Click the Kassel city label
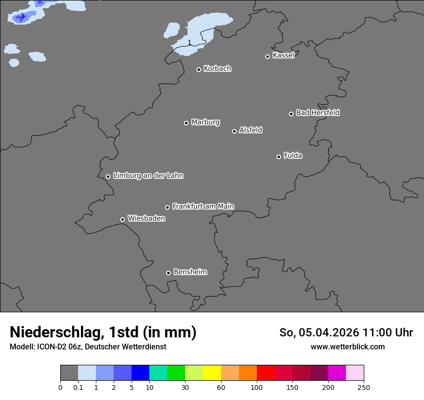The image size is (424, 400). (x=283, y=55)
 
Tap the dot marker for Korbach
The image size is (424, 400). (x=199, y=69)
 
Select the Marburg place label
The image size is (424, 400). (x=205, y=122)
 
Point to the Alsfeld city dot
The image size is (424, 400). (x=234, y=131)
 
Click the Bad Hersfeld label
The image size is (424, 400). (x=318, y=113)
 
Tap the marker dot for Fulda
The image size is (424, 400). (x=278, y=157)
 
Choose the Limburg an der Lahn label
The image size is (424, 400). (x=148, y=176)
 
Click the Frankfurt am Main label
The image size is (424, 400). (x=203, y=206)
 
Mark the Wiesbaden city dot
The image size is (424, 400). (x=122, y=219)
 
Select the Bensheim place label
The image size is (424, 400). (x=190, y=272)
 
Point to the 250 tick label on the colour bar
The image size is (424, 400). (x=364, y=387)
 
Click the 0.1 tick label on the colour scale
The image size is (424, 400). (x=78, y=387)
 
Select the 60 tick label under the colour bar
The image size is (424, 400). (x=221, y=387)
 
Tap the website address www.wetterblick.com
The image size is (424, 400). (x=347, y=347)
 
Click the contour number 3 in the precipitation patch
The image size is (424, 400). (x=22, y=16)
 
